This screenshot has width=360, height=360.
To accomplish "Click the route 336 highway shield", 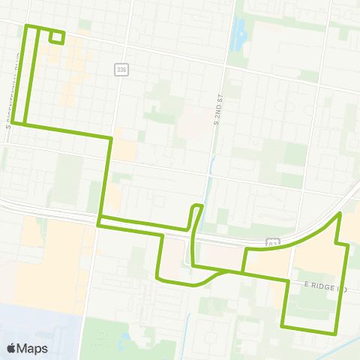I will [121, 69].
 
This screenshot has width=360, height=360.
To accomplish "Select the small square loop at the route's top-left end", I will [56, 37].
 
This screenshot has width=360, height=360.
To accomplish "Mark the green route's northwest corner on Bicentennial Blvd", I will [28, 27].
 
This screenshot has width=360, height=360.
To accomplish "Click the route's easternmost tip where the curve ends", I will [341, 214].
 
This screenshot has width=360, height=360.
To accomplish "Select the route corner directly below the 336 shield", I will [111, 137].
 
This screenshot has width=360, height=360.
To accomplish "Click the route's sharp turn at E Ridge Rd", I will [288, 280].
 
